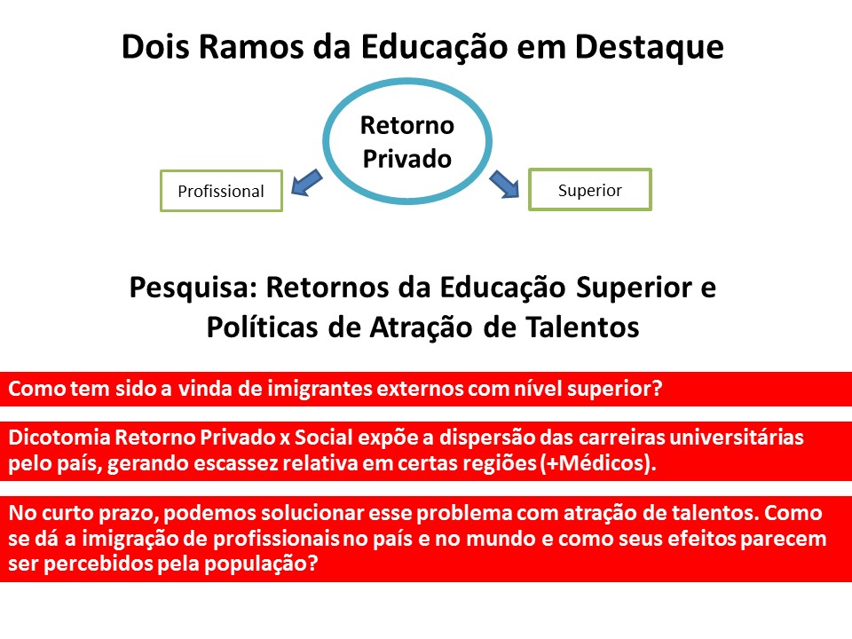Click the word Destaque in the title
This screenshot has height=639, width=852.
(650, 48)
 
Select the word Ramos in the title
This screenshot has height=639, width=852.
(250, 46)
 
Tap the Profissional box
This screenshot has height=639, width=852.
(221, 191)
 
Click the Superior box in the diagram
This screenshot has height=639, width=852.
(590, 190)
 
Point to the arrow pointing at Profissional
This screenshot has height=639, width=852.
(307, 183)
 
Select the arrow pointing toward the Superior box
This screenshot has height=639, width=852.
(504, 184)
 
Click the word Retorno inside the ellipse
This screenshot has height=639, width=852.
(407, 125)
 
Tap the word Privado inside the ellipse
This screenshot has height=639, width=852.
(407, 159)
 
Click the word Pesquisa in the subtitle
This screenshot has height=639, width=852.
(193, 288)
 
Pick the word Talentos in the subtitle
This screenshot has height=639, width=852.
(582, 327)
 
